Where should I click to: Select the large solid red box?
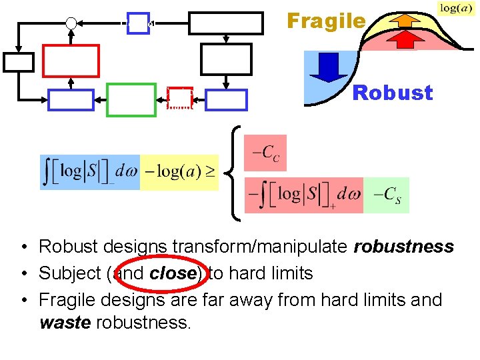[x=71, y=61]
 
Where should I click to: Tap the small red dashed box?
[x=179, y=98]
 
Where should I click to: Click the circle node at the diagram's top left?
[x=71, y=23]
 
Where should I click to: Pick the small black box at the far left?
[x=18, y=61]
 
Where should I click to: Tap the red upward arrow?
[x=401, y=39]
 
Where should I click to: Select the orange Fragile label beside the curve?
[x=326, y=21]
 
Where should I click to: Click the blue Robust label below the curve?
[x=392, y=93]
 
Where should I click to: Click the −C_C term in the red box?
[x=265, y=153]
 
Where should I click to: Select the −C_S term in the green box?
[x=387, y=195]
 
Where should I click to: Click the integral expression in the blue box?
[x=89, y=172]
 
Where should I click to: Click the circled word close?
[x=175, y=273]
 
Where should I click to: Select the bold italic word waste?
[x=66, y=323]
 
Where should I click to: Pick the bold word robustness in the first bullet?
[x=404, y=247]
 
